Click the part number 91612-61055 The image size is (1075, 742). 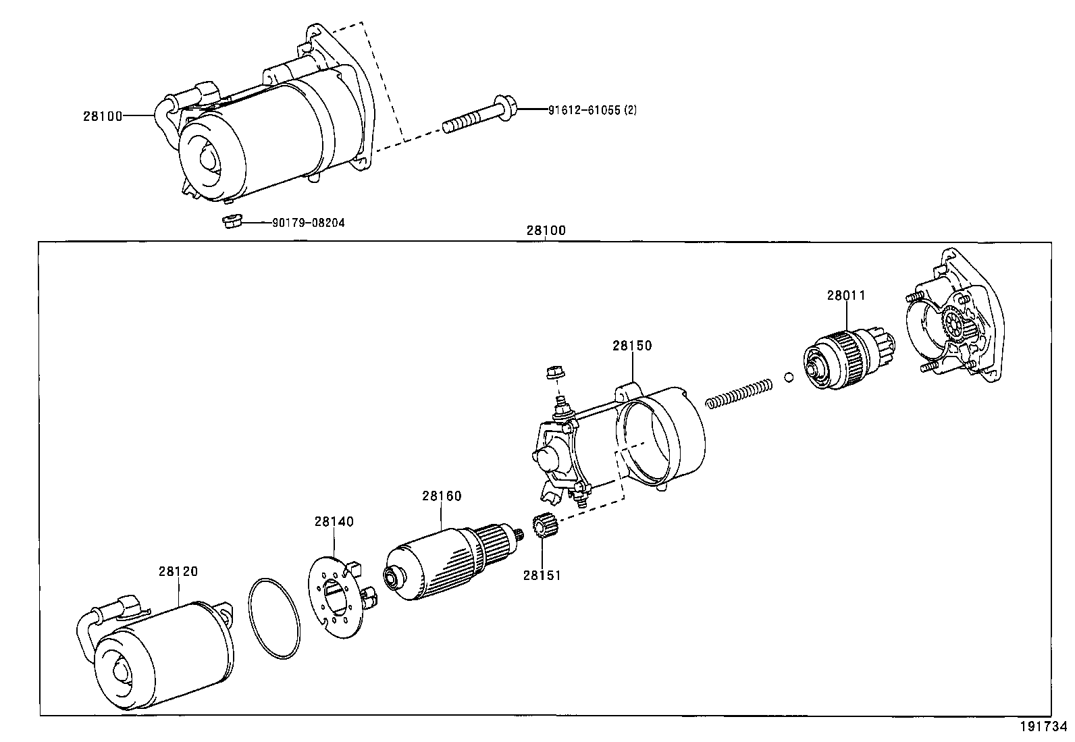click(582, 109)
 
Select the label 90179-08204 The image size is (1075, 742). click(308, 222)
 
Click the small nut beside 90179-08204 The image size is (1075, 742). click(231, 221)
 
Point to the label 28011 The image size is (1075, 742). click(846, 295)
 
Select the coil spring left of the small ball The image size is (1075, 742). click(739, 394)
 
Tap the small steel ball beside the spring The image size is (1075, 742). click(788, 376)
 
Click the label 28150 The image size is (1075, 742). click(632, 345)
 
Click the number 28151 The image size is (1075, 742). click(542, 575)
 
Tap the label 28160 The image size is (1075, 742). click(442, 496)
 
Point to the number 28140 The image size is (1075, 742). click(334, 521)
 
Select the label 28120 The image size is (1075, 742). click(178, 571)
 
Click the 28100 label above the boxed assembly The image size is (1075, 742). click(546, 230)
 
